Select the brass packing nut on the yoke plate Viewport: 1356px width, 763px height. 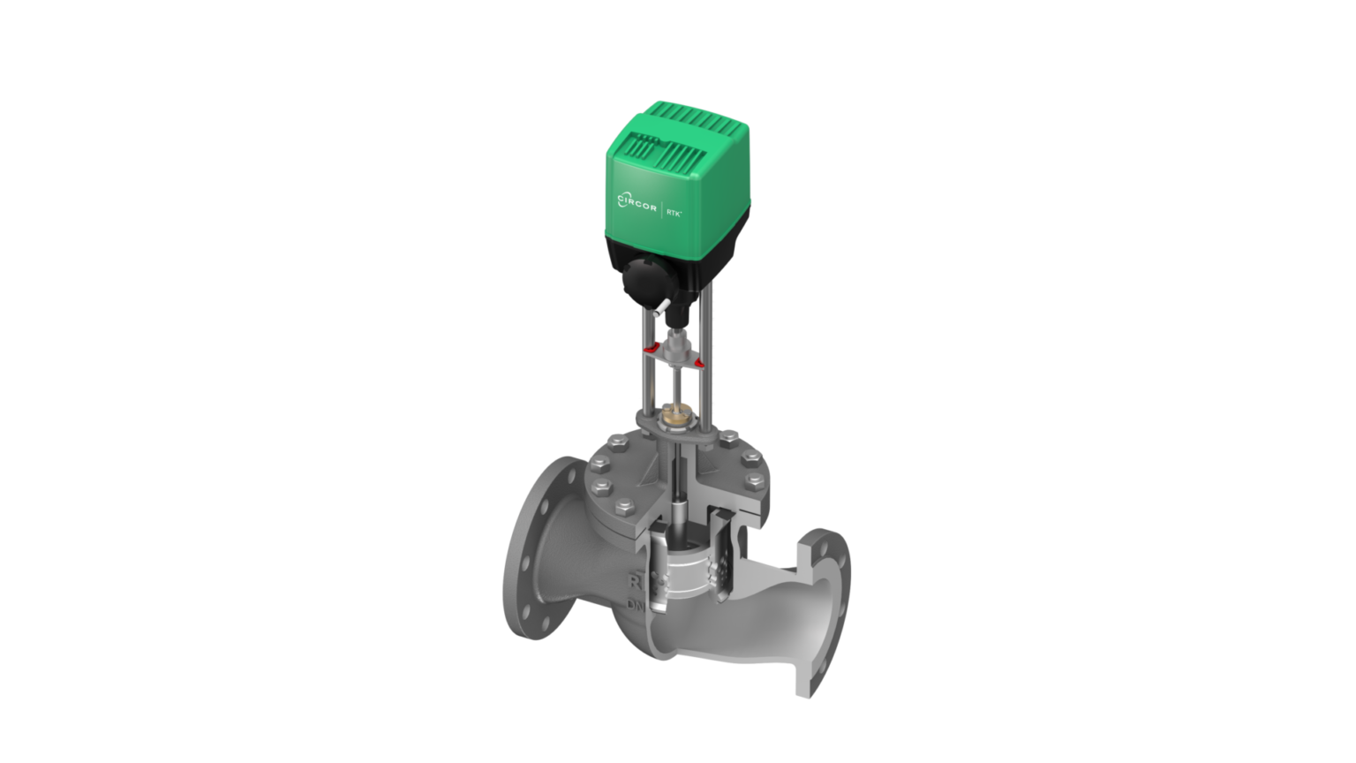click(677, 412)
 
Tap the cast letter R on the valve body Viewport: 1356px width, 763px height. click(634, 583)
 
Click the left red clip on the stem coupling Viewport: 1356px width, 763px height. click(652, 351)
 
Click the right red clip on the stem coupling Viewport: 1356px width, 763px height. click(699, 363)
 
